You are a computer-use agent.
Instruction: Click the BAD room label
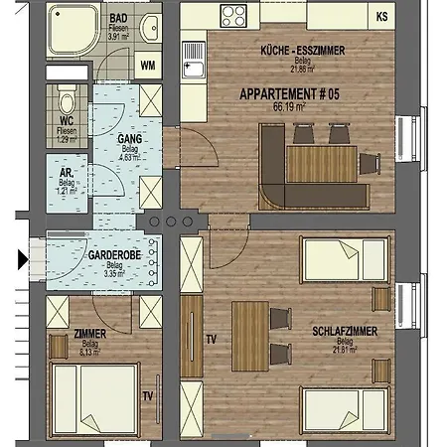pos(118,19)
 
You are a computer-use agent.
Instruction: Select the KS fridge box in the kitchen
pos(382,15)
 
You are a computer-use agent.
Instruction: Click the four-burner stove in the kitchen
pos(233,16)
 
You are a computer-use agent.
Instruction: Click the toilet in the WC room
pos(67,102)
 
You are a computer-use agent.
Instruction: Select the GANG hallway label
pos(126,140)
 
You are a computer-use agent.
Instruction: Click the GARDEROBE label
pos(111,254)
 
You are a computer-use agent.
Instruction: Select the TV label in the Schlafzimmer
pos(210,339)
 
